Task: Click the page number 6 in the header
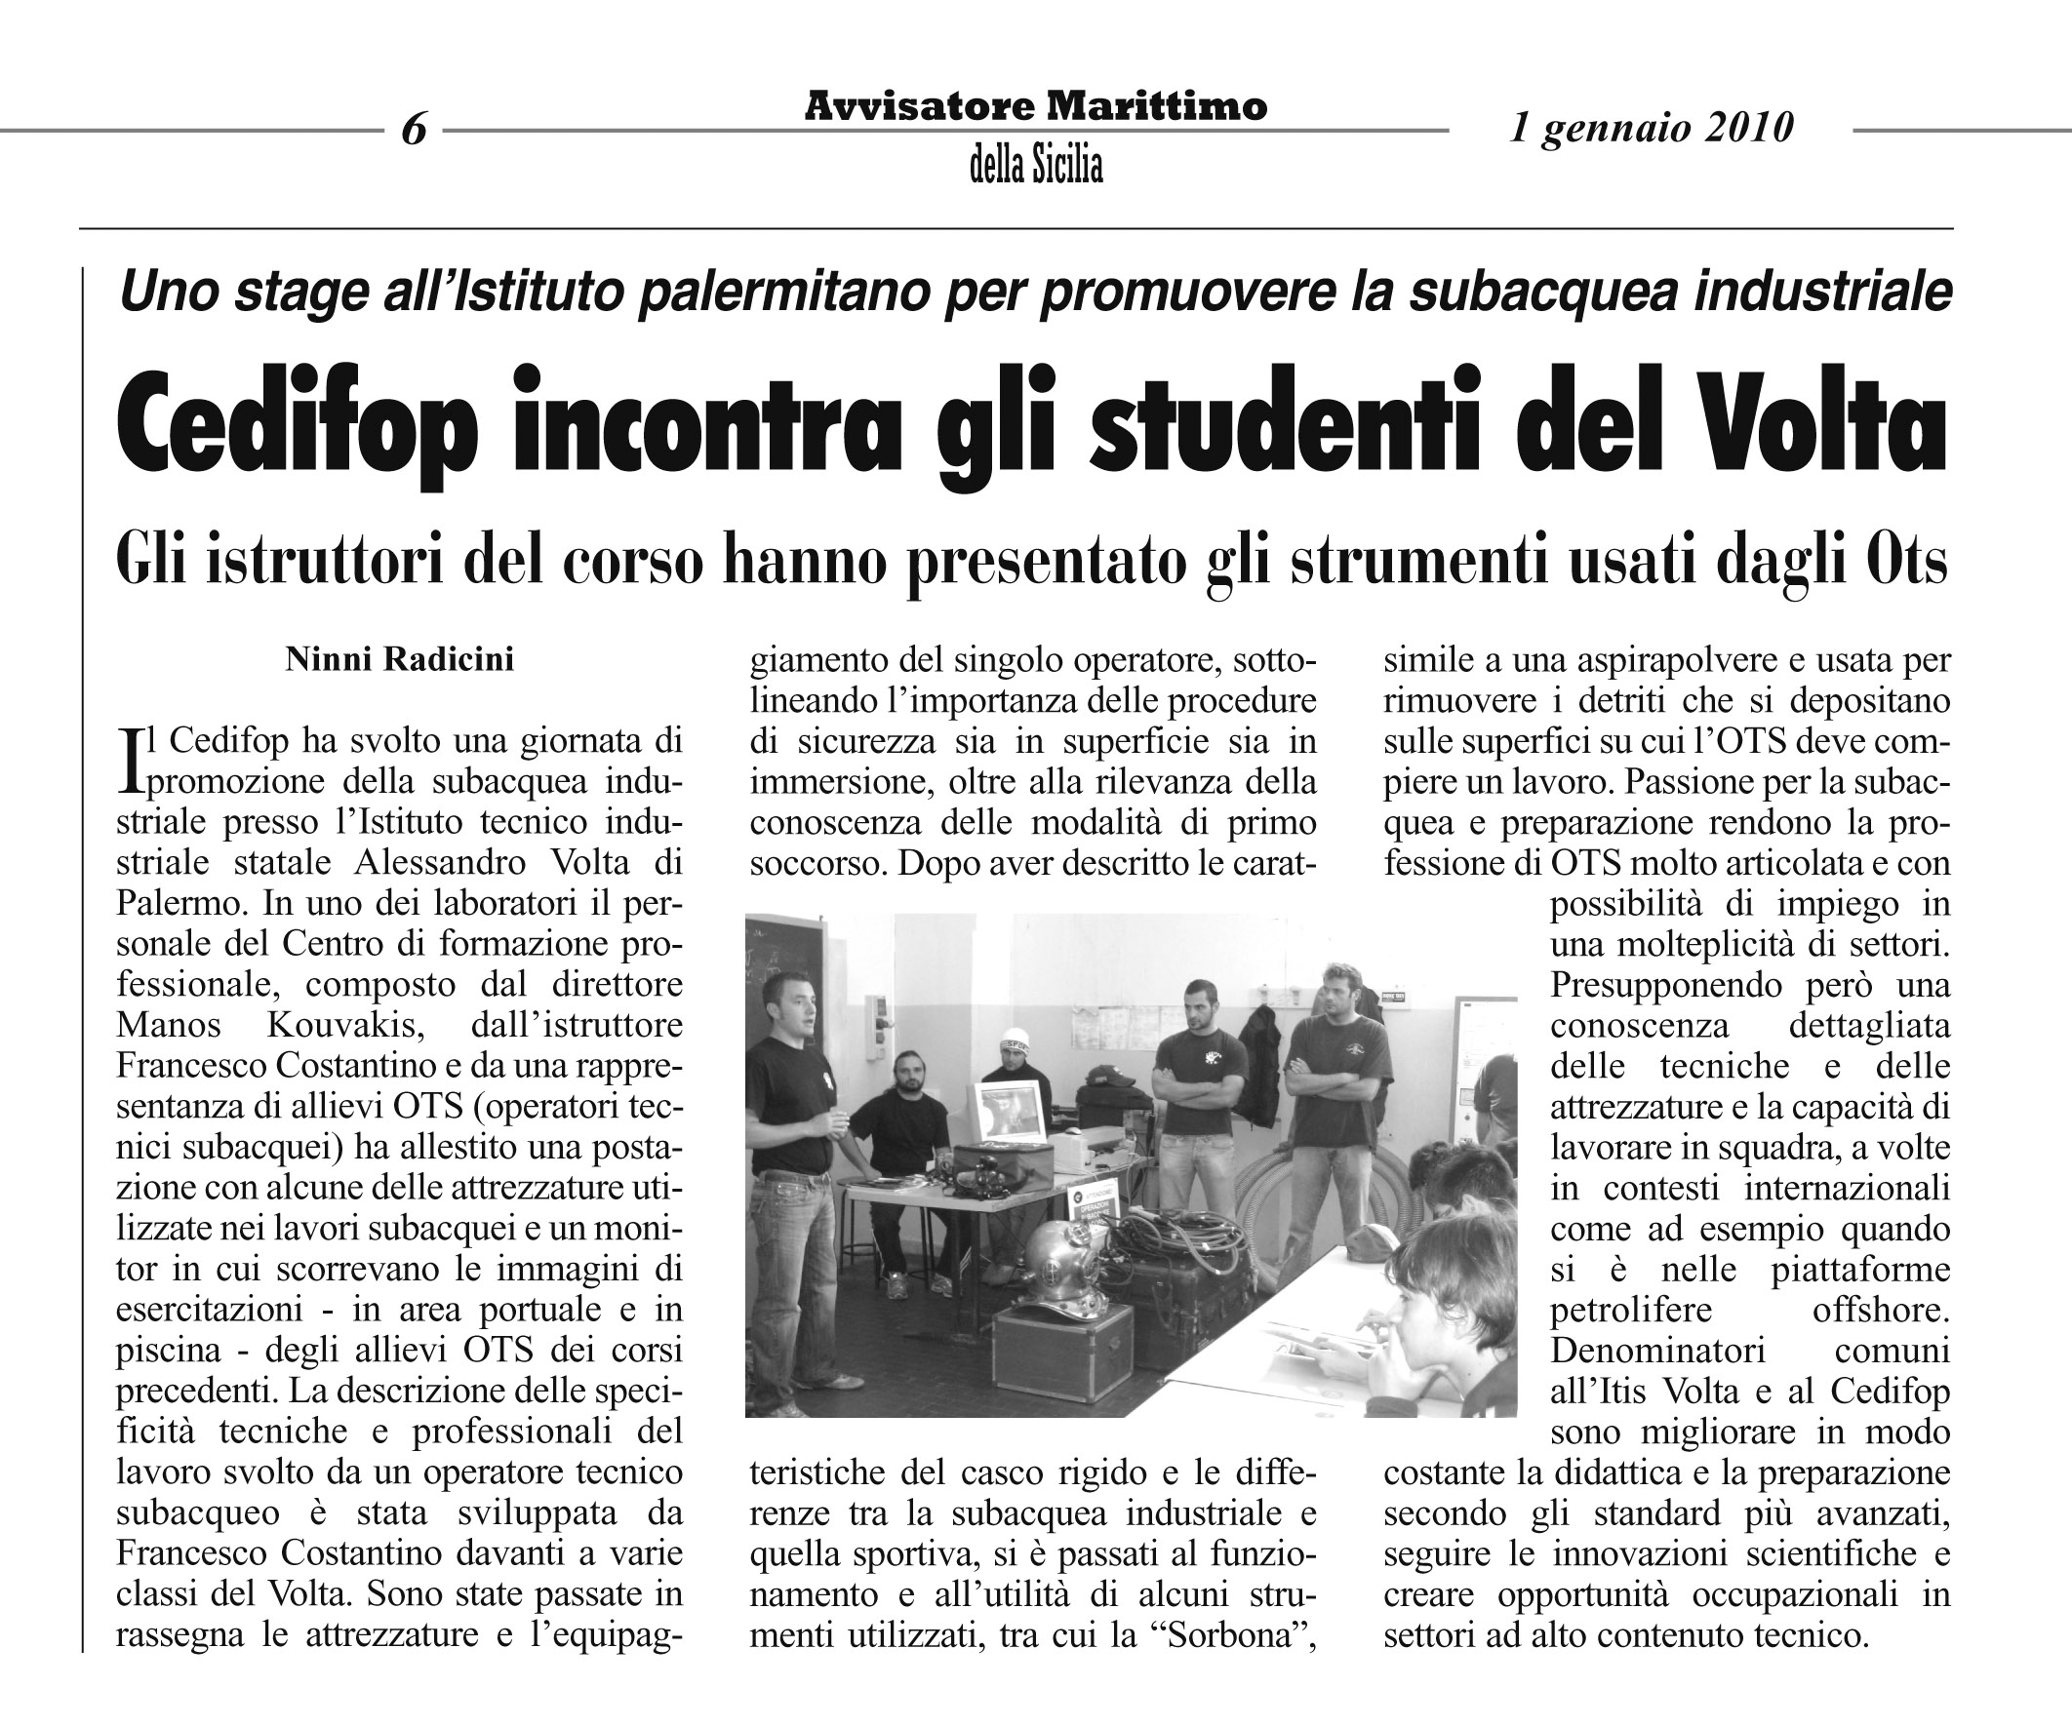coord(415,129)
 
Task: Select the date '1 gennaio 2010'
coord(1651,127)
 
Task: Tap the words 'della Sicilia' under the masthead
coord(1036,166)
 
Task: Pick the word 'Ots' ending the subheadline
coord(1905,564)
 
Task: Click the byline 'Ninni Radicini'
coord(400,659)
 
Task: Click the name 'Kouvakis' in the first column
coord(345,1025)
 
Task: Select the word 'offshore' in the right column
coord(1881,1310)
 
